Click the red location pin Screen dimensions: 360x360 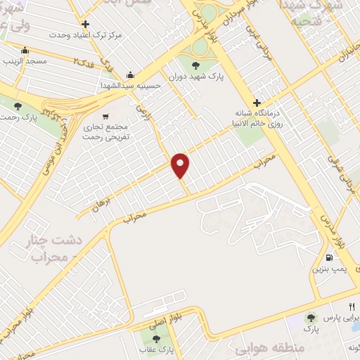(x=181, y=165)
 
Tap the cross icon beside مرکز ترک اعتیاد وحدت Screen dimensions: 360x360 (x=85, y=24)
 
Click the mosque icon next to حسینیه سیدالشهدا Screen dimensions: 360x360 (x=130, y=75)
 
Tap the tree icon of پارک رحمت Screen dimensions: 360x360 (x=18, y=105)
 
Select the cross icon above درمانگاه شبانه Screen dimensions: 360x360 (x=257, y=103)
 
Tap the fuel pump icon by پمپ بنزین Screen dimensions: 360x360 (x=330, y=257)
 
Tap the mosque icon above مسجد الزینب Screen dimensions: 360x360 (x=25, y=51)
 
